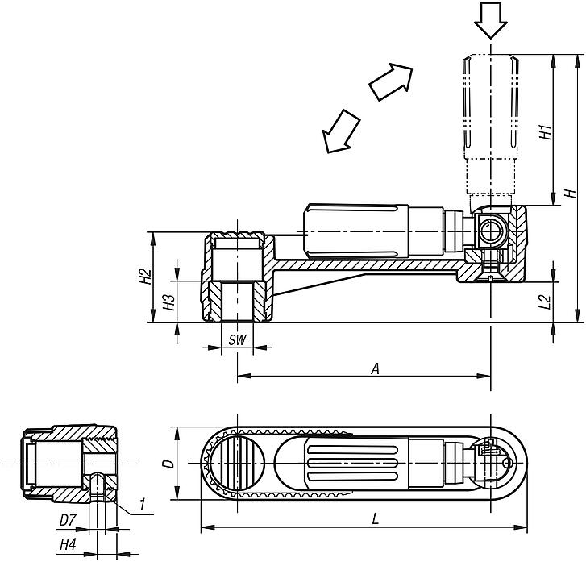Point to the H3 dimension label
pos(168,302)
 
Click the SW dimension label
pos(236,341)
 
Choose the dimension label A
pos(374,368)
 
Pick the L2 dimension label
pos(545,302)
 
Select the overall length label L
pos(376,521)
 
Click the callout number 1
pos(141,505)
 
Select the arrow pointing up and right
pos(390,79)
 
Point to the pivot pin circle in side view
pos(490,232)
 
